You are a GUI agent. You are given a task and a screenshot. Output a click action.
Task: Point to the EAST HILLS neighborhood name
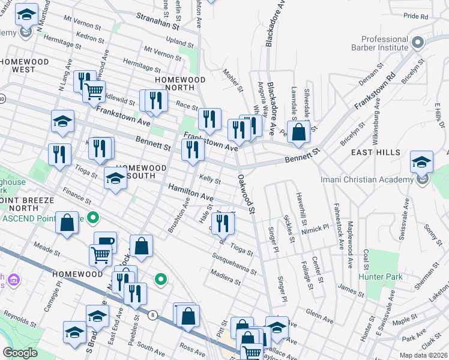376,152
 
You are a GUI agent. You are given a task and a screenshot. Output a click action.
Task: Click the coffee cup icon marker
105,242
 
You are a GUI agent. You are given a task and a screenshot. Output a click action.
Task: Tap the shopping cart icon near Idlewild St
94,92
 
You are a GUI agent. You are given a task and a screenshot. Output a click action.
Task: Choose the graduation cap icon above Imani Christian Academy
421,162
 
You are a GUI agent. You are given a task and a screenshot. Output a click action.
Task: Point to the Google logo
20,353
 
